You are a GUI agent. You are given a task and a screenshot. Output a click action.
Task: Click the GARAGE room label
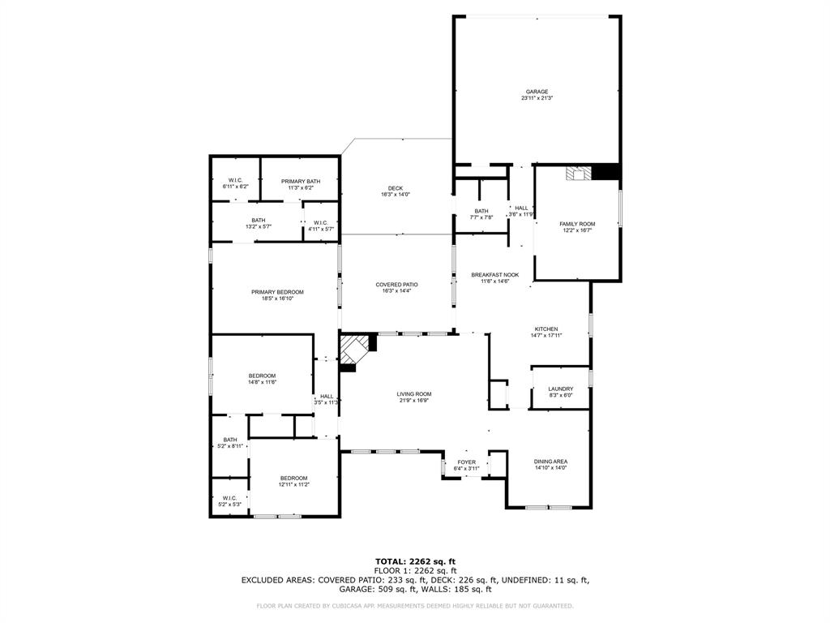(x=537, y=92)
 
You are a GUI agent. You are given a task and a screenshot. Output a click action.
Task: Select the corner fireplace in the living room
(x=353, y=350)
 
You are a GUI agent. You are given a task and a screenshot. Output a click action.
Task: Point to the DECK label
(x=395, y=188)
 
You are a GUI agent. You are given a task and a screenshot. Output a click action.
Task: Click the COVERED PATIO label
(x=396, y=285)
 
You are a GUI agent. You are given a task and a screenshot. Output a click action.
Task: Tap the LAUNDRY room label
(x=560, y=389)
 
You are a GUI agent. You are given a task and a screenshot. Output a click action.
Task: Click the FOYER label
(x=466, y=462)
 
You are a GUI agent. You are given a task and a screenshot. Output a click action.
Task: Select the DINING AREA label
(x=550, y=462)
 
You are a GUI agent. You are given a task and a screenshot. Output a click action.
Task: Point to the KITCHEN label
(x=545, y=329)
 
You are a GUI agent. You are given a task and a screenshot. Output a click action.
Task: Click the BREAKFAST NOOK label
(x=494, y=275)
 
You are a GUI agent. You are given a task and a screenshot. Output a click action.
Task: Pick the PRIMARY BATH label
(x=300, y=181)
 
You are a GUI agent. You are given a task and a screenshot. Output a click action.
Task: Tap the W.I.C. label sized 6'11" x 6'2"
(x=235, y=180)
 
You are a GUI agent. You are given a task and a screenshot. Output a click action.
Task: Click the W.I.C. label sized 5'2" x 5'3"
(x=229, y=498)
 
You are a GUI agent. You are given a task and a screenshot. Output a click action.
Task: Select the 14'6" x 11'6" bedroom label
(x=262, y=376)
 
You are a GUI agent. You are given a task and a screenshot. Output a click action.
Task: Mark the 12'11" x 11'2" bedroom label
(x=293, y=478)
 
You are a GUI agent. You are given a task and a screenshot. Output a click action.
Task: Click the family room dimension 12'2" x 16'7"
(x=576, y=230)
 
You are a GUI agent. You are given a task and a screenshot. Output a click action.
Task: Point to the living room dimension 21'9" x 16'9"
(x=413, y=400)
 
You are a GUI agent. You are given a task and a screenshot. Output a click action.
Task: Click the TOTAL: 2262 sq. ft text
(x=415, y=561)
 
